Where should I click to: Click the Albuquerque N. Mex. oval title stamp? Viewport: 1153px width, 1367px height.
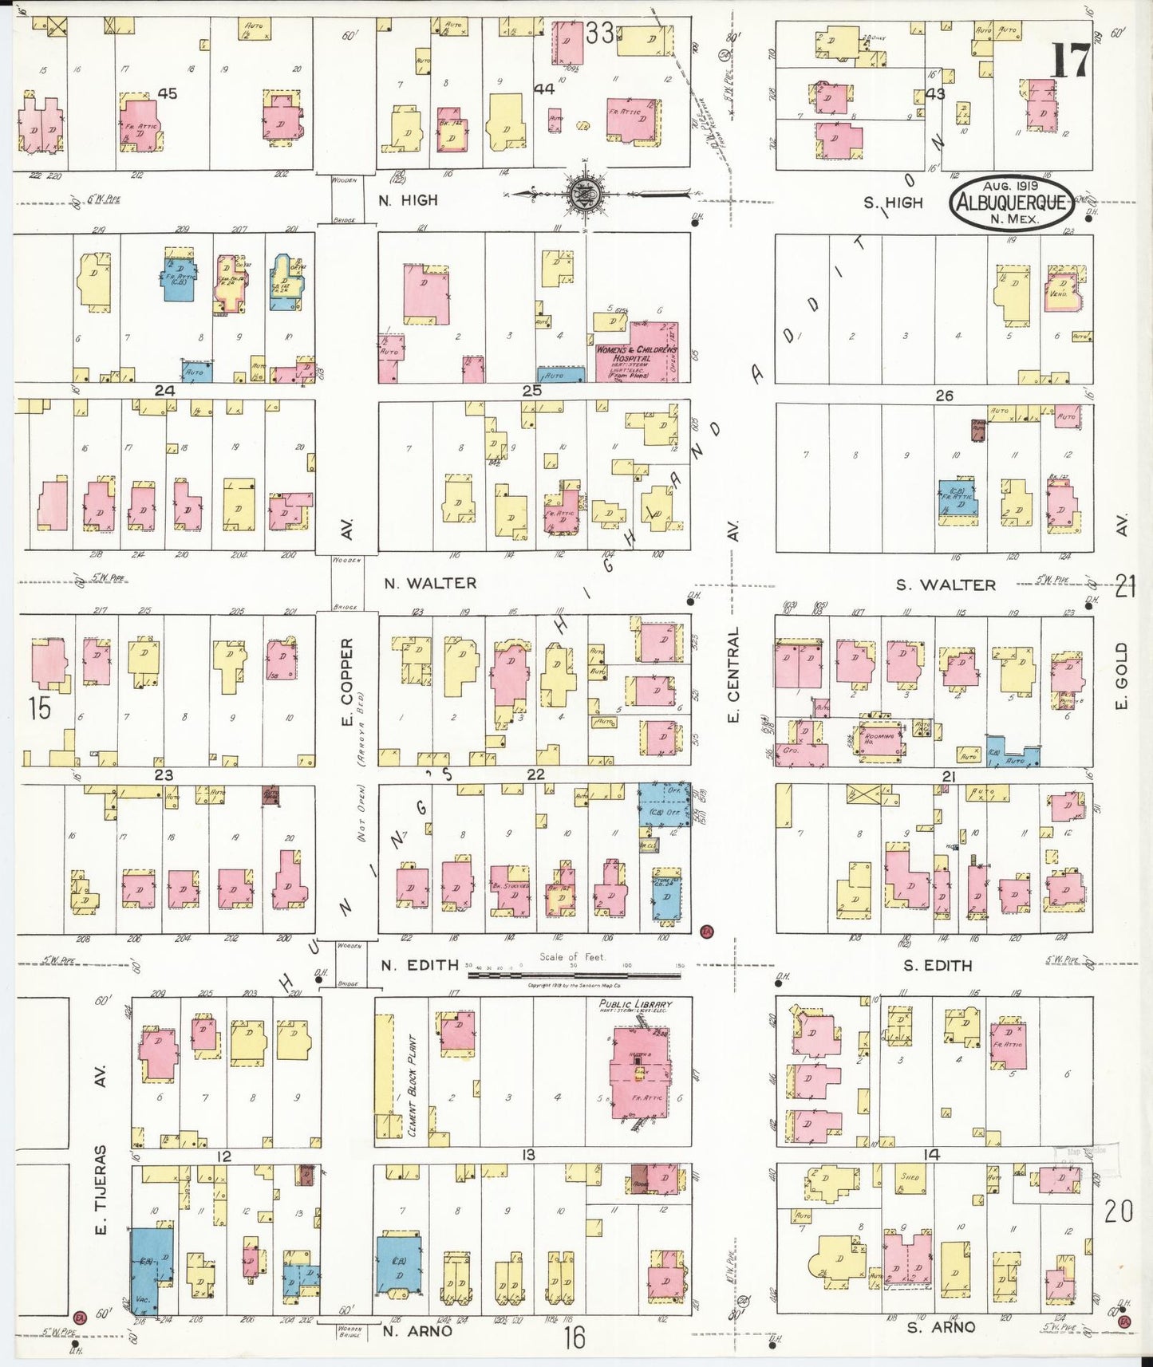point(1010,202)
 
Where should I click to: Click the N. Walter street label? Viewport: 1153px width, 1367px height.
point(429,583)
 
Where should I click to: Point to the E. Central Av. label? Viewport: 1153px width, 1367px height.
point(733,674)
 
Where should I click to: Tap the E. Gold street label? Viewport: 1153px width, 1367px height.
point(1121,676)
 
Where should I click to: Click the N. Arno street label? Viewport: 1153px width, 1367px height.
point(417,1330)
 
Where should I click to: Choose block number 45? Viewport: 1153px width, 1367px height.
point(167,93)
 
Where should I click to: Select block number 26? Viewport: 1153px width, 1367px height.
point(944,395)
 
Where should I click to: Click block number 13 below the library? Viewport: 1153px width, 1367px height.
point(527,1155)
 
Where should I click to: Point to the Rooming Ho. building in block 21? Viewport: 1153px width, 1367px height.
point(881,738)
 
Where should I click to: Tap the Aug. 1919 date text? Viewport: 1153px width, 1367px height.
point(1010,186)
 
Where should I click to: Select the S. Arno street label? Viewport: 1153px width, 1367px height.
point(940,1327)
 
